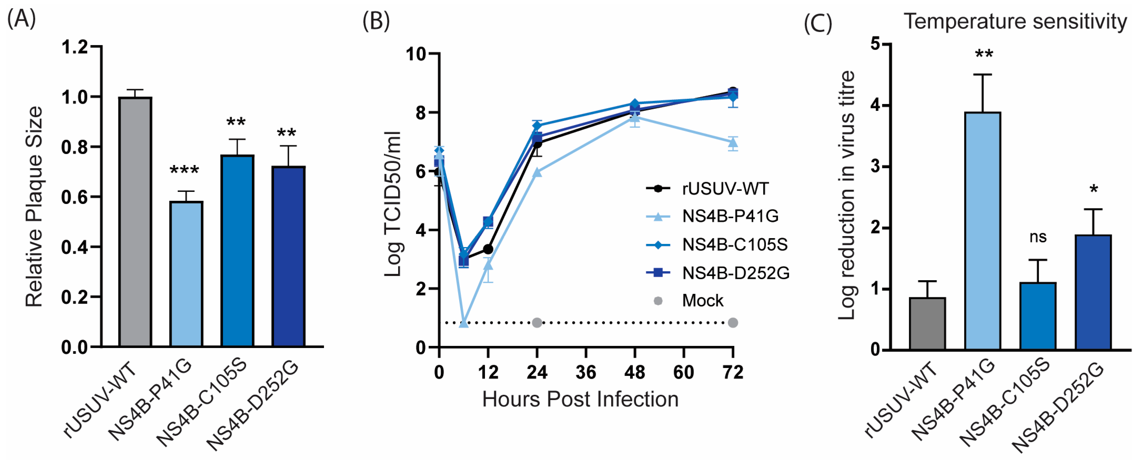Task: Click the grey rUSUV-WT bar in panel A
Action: pyautogui.click(x=135, y=221)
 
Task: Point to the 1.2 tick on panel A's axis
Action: pyautogui.click(x=75, y=47)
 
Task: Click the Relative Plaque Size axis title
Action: pyautogui.click(x=34, y=207)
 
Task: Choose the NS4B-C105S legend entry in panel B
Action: pyautogui.click(x=735, y=245)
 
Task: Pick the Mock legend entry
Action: pyautogui.click(x=702, y=301)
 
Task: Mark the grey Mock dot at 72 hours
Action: pyautogui.click(x=733, y=323)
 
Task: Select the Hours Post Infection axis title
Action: pyautogui.click(x=580, y=399)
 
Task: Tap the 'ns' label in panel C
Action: pyautogui.click(x=1038, y=237)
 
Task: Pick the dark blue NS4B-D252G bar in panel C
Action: pyautogui.click(x=1093, y=292)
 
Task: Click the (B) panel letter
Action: pyautogui.click(x=376, y=21)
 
